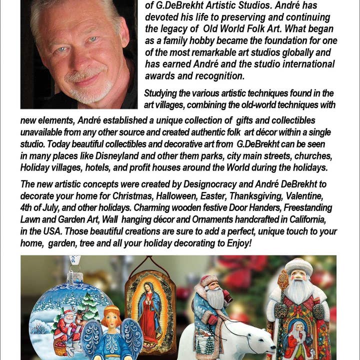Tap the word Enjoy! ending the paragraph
coord(234,242)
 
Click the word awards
coord(161,76)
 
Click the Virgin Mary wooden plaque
coord(150,305)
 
